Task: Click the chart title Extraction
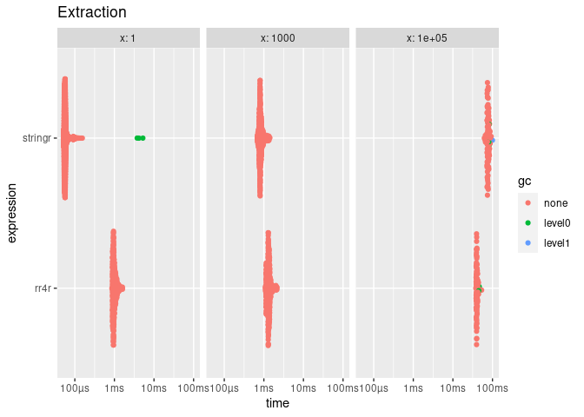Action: coord(91,13)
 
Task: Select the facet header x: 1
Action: coord(129,38)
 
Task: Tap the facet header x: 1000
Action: coord(277,38)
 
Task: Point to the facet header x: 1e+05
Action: coord(427,38)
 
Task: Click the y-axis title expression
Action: coord(13,213)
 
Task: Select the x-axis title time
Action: coord(277,403)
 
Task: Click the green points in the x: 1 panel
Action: coord(139,138)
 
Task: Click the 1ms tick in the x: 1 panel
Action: coord(114,385)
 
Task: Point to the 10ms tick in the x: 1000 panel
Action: coord(303,385)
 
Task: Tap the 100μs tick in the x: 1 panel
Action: coord(75,385)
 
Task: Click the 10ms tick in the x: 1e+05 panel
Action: coord(452,385)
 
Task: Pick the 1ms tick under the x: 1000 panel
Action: coord(263,385)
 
